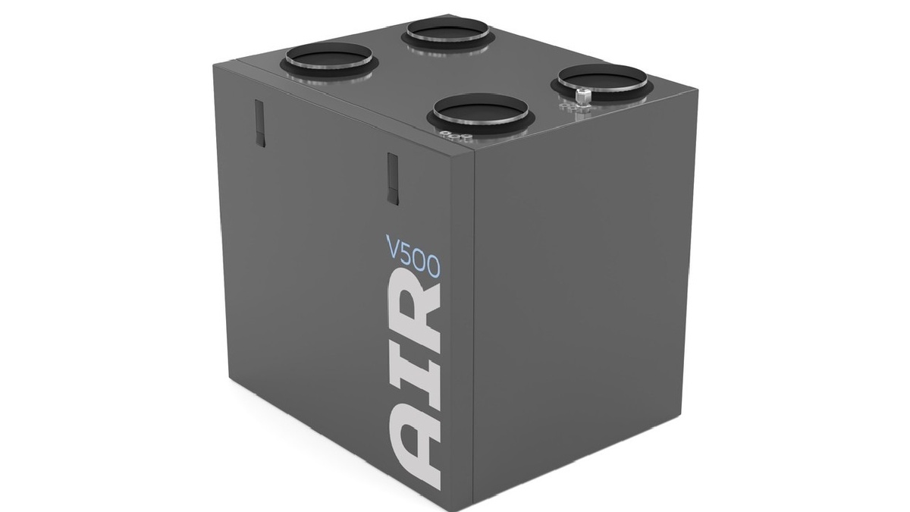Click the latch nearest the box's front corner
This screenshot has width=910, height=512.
(x=393, y=179)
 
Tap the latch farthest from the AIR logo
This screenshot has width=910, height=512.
(x=260, y=124)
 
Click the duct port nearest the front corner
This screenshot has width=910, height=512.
(x=480, y=113)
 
